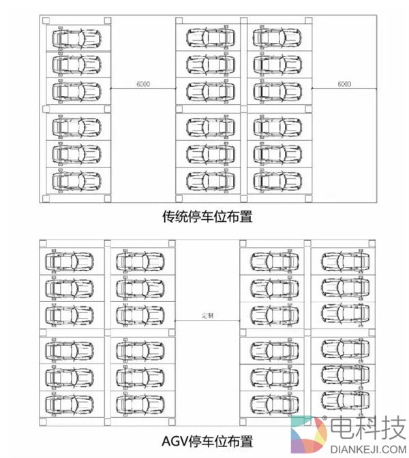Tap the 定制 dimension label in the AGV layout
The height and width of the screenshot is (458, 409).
[x=209, y=316]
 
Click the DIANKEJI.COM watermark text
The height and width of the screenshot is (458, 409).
[x=367, y=449]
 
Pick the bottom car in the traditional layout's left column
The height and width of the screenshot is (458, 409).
[x=76, y=181]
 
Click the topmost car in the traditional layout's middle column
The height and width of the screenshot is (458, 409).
[x=209, y=38]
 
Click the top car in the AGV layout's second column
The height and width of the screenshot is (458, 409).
[x=140, y=261]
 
